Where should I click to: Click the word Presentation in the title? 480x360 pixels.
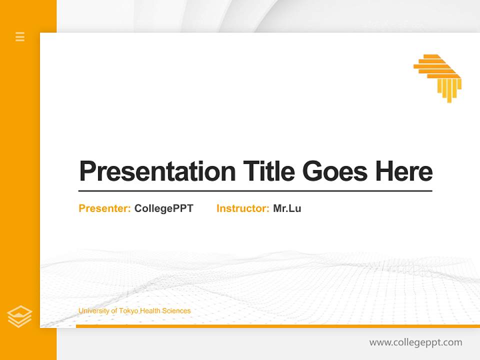(157, 171)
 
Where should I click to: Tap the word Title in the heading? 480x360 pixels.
(268, 171)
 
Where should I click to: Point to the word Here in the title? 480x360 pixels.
(404, 171)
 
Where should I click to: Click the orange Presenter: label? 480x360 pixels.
(104, 208)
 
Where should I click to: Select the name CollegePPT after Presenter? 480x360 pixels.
(163, 208)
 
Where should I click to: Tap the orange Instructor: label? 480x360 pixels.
(242, 208)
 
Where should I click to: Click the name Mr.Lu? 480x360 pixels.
(287, 208)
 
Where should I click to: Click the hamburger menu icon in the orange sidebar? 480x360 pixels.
(20, 36)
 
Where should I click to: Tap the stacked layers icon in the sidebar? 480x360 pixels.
(19, 316)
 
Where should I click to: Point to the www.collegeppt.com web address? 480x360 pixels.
(415, 342)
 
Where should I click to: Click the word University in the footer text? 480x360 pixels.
(93, 311)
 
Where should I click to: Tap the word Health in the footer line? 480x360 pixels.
(150, 311)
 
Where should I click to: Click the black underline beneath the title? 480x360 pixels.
(255, 191)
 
